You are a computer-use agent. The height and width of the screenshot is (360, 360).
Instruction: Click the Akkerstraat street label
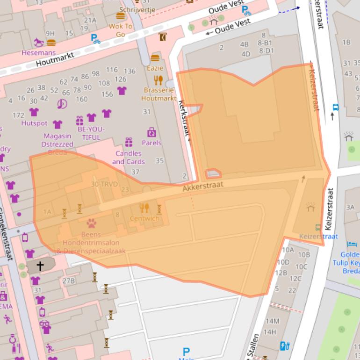click(x=203, y=186)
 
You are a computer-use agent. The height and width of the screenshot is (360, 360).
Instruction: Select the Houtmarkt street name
click(x=55, y=61)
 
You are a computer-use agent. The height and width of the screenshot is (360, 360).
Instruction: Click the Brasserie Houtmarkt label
click(x=158, y=94)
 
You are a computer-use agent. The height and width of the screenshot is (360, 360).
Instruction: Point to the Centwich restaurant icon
click(x=144, y=208)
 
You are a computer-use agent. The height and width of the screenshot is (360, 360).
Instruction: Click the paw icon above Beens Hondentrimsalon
click(x=91, y=223)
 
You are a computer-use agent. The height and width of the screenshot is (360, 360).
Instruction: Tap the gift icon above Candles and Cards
click(x=129, y=142)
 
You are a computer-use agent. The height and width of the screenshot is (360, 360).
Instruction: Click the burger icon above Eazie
click(x=155, y=58)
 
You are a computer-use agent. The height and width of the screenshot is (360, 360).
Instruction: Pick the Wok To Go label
click(x=121, y=30)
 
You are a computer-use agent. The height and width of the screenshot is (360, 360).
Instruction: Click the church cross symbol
click(x=40, y=266)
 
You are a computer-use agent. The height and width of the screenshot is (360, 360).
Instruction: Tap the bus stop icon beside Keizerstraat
click(x=335, y=107)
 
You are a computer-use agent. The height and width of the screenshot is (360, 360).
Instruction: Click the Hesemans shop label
click(x=39, y=53)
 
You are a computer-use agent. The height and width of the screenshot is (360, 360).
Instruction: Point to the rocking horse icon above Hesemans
click(x=38, y=43)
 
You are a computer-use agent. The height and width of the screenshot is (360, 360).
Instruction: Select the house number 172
click(x=18, y=115)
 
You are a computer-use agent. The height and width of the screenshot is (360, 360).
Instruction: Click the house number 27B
click(x=69, y=281)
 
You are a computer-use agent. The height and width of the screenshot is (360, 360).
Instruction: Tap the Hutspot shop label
click(x=34, y=123)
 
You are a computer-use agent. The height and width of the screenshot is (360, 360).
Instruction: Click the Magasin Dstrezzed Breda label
click(x=57, y=144)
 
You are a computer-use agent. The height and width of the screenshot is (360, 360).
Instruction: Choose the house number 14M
click(x=272, y=321)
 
